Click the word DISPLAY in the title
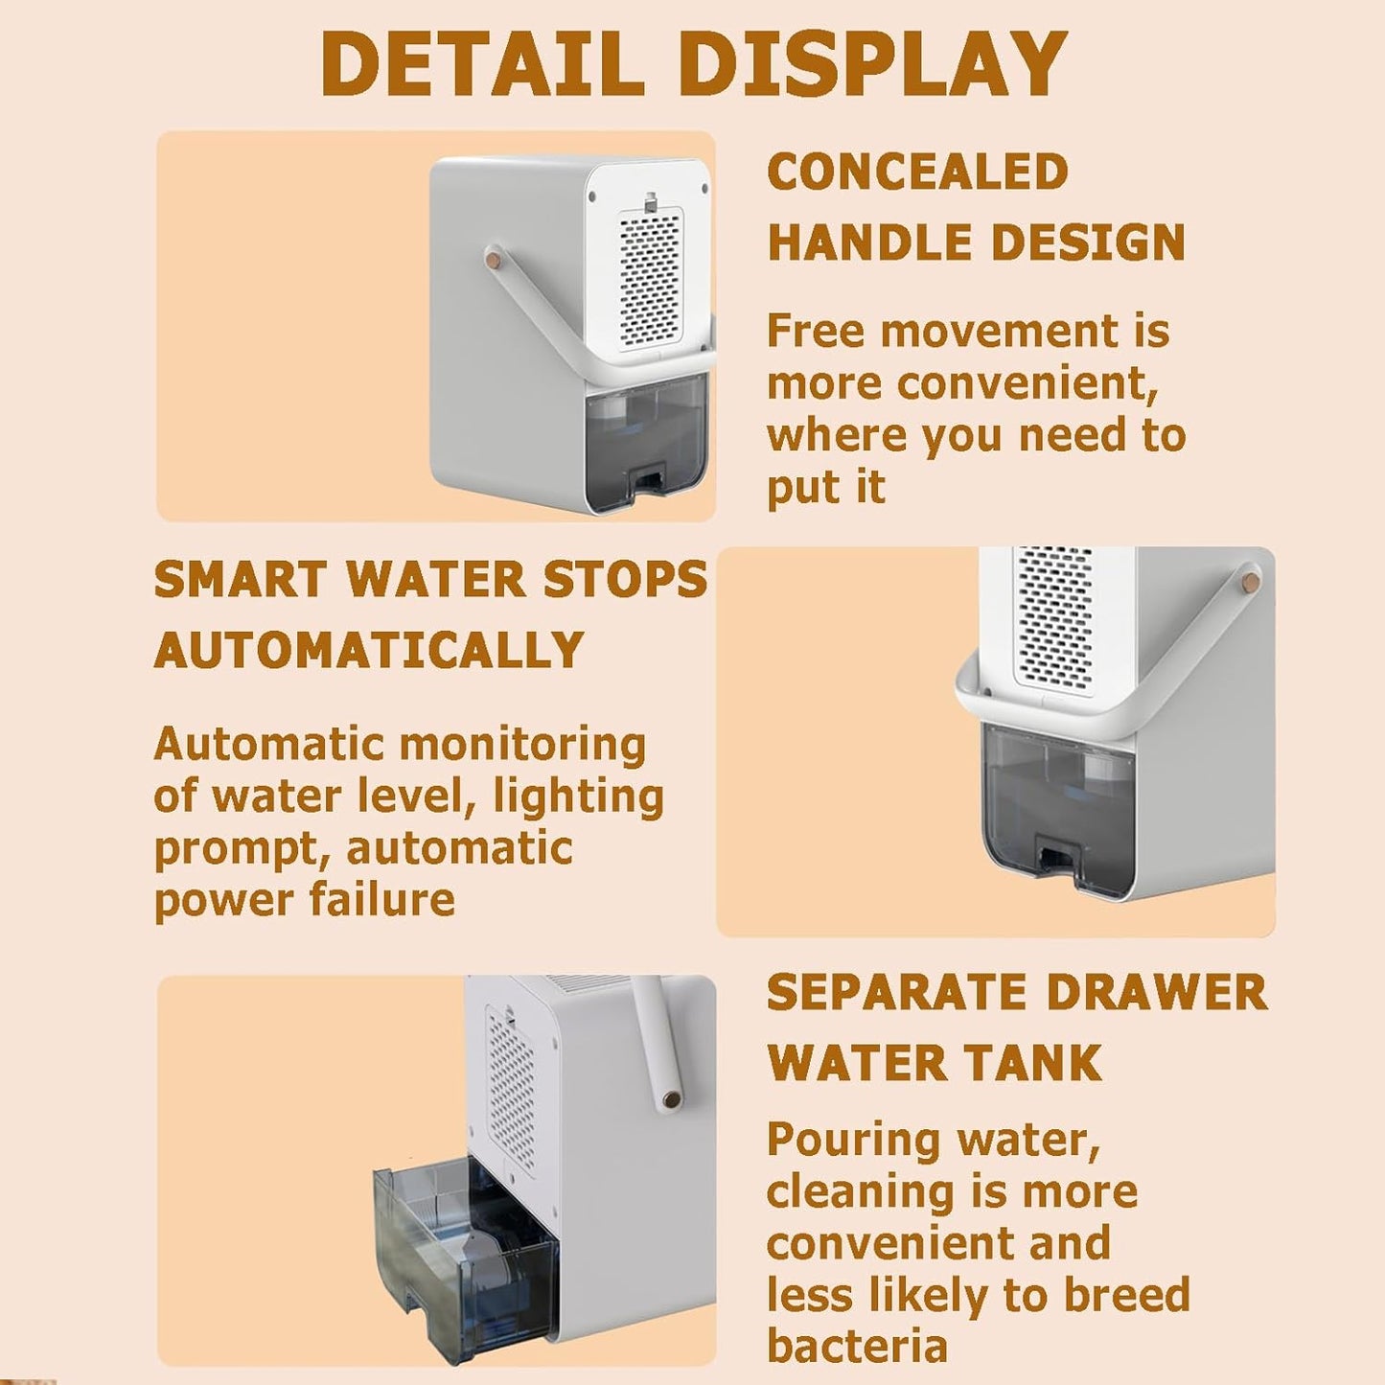coord(872,64)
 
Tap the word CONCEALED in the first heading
coord(917,173)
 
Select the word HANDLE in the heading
coord(870,242)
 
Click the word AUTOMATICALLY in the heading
coord(369,651)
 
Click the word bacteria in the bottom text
coord(857,1346)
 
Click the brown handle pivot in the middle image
coord(1250,581)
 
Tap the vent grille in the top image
coord(650,278)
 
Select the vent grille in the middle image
coord(1054,618)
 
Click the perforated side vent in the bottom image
coord(512,1093)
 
